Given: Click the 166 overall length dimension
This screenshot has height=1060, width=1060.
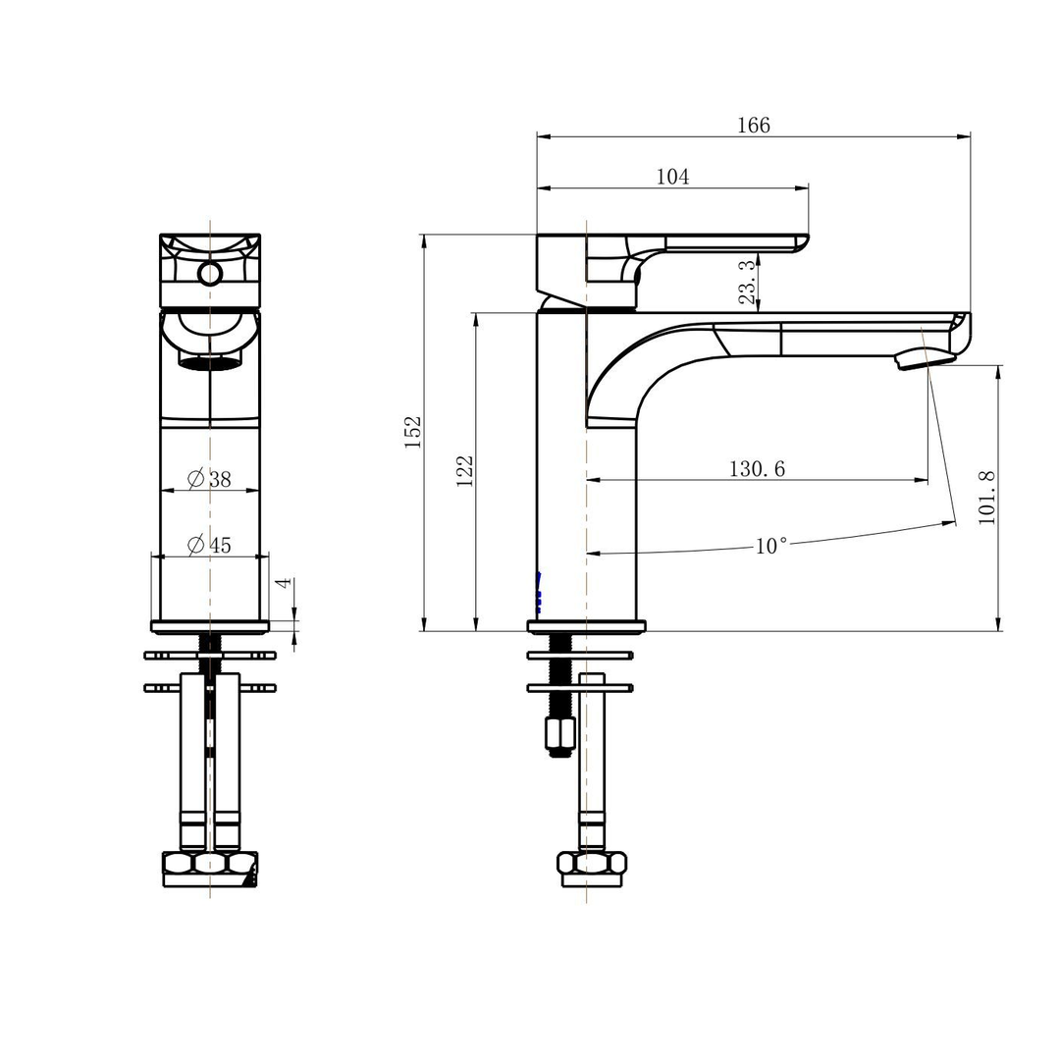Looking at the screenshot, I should tap(754, 126).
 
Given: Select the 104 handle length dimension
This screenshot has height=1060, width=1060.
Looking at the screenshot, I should tap(672, 177).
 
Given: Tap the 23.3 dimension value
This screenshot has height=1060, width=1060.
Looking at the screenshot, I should tap(747, 281).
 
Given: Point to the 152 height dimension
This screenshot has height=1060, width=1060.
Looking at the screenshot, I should tap(413, 432).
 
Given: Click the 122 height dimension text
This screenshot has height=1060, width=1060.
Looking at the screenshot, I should tap(465, 470).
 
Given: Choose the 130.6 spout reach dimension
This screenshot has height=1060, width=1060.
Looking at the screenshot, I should tap(756, 469).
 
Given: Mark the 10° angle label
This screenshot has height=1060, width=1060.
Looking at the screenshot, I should tap(770, 546).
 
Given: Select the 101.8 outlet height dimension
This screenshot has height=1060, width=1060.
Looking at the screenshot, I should tap(986, 498).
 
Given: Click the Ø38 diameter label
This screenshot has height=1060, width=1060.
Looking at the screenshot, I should tap(210, 479).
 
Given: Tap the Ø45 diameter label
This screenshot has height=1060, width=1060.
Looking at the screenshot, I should tap(210, 545).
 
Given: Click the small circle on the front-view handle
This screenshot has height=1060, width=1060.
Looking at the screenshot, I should tap(210, 273).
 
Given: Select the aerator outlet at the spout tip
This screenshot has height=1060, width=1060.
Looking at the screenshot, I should tap(925, 359).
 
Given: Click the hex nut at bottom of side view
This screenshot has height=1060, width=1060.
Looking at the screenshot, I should tap(591, 863).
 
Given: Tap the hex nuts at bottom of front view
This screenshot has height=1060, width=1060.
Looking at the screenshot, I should tap(210, 863).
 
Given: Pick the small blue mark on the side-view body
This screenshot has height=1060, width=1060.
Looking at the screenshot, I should tap(539, 594).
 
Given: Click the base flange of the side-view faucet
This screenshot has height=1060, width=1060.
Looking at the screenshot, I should tap(586, 626).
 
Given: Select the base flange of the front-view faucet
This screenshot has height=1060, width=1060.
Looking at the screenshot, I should tap(210, 626).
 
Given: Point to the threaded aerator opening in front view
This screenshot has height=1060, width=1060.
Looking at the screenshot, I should tap(210, 363).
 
